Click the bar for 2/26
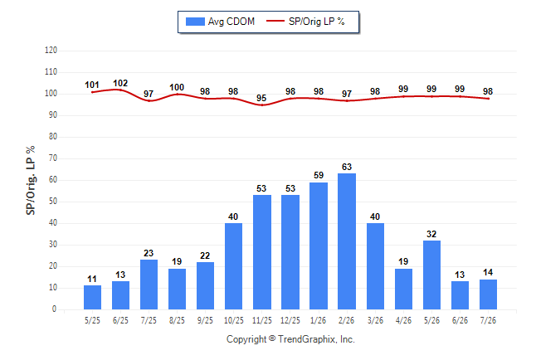347,241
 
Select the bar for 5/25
92,298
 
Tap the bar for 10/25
233,266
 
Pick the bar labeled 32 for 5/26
431,275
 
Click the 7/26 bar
488,294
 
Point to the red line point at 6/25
120,90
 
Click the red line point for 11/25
262,105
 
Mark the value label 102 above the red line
120,83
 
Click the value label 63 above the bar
347,167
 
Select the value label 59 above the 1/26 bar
319,175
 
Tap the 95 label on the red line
261,98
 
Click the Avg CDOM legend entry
220,22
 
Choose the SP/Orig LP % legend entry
305,22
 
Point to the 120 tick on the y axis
51,51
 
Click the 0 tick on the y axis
54,309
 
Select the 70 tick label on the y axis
53,158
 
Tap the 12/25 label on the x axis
290,320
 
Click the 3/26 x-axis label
375,320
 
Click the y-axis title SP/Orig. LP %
31,180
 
